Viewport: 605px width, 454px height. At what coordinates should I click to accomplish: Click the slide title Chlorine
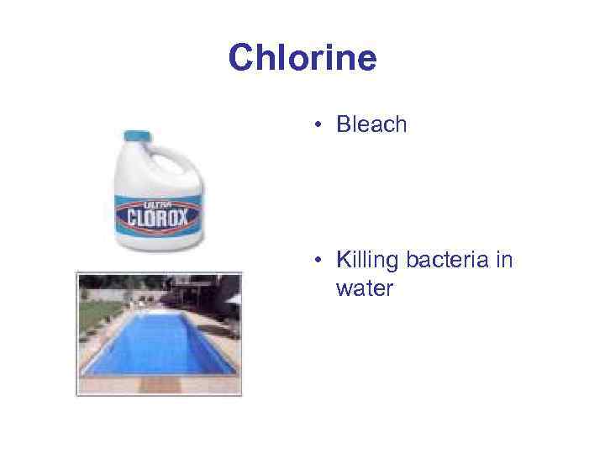click(x=302, y=58)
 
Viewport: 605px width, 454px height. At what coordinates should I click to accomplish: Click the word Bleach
click(x=371, y=125)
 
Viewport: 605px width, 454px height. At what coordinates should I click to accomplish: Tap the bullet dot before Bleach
click(x=319, y=126)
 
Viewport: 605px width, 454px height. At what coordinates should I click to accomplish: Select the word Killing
click(x=366, y=261)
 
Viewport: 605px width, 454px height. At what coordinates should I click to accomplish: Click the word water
click(x=364, y=289)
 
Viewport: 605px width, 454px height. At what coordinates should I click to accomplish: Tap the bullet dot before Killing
click(x=319, y=261)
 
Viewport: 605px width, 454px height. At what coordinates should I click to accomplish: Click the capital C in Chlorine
click(x=240, y=58)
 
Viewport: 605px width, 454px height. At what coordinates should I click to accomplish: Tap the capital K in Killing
click(x=343, y=261)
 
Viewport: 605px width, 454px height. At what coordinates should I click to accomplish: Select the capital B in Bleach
click(x=344, y=125)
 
